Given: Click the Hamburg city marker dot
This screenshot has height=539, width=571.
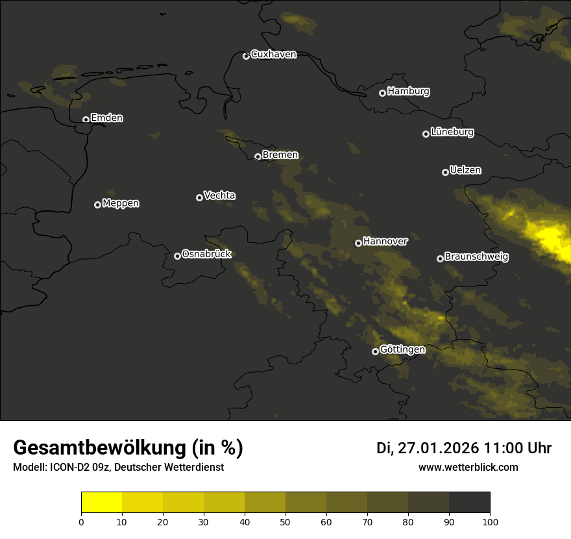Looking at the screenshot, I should click(382, 93).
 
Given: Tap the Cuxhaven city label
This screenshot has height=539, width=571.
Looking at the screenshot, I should click(273, 55).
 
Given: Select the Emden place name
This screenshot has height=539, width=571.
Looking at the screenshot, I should click(106, 118).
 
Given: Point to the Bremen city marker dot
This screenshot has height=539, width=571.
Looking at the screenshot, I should click(258, 157).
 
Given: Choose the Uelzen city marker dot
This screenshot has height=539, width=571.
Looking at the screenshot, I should click(445, 172).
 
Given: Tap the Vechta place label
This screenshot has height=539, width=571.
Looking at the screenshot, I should click(219, 195).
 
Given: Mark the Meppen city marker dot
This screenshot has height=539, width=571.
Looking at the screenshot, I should click(97, 205).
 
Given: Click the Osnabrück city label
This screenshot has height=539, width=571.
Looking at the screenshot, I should click(206, 255).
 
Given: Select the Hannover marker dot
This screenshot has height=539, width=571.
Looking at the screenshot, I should click(358, 243).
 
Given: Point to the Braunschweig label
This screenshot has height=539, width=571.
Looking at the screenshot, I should click(476, 257).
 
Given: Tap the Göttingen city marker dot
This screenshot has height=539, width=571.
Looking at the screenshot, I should click(375, 351).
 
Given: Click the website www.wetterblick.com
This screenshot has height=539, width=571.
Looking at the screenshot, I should click(468, 468).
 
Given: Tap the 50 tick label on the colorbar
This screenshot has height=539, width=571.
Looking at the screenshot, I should click(285, 521).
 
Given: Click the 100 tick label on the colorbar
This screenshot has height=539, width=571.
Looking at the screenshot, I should click(489, 521).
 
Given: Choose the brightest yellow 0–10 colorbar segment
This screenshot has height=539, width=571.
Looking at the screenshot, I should click(102, 503).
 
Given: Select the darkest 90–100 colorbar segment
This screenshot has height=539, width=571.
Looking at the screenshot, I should click(469, 503).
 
